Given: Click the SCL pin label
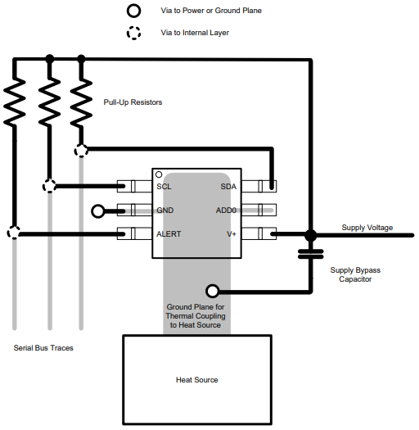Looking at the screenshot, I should click(x=164, y=187).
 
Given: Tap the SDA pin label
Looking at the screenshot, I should click(x=228, y=187).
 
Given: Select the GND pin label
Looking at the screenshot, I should click(x=165, y=210).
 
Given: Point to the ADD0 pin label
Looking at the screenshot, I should click(x=226, y=210).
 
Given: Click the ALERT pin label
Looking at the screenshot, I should click(x=169, y=234).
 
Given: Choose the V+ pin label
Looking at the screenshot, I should click(x=231, y=234).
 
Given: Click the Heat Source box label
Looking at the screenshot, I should click(x=197, y=380).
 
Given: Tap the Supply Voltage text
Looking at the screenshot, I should click(x=367, y=228).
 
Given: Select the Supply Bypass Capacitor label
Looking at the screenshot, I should click(x=355, y=274).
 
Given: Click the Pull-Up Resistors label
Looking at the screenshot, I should click(x=133, y=102).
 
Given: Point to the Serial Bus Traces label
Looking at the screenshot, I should click(x=43, y=348).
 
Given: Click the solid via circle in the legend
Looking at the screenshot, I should click(x=133, y=11).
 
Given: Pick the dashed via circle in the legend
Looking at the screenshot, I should click(x=133, y=34).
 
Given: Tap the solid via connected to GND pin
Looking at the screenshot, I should click(x=98, y=210).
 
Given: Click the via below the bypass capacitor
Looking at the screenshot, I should click(x=213, y=290).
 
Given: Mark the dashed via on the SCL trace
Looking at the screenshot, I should click(x=49, y=186).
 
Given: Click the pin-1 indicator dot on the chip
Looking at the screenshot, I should click(x=159, y=174).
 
